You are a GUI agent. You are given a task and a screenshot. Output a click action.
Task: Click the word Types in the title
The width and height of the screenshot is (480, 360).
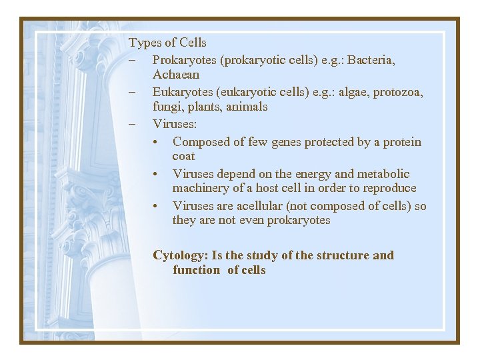coord(144,43)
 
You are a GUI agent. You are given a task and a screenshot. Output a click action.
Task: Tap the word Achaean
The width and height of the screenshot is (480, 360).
coord(176,75)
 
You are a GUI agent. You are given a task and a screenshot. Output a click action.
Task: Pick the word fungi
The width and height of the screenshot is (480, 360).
coord(165,107)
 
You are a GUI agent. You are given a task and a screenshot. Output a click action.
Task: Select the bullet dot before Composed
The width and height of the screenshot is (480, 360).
coord(155,142)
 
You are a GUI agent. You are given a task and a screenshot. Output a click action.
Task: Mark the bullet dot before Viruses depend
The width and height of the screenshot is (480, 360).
coord(155,174)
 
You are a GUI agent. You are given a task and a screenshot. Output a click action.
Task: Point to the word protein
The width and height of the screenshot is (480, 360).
coord(400,142)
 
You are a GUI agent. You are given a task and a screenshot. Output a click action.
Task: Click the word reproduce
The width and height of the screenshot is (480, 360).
coord(389,188)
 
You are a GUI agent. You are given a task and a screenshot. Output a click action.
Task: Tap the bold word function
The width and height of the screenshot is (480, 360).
coord(196,270)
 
